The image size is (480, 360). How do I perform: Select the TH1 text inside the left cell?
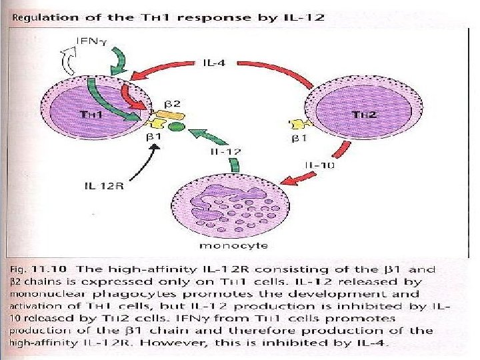(91, 114)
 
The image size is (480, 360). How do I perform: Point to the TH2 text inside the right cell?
(359, 114)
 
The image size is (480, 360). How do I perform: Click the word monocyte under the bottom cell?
(226, 245)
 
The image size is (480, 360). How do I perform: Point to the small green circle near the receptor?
(177, 126)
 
